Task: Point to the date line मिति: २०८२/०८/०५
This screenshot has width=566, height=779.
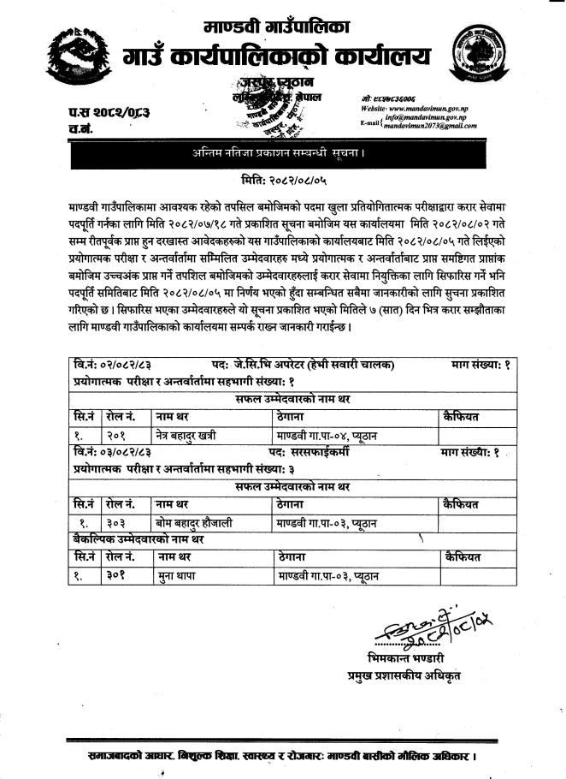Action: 283,181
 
